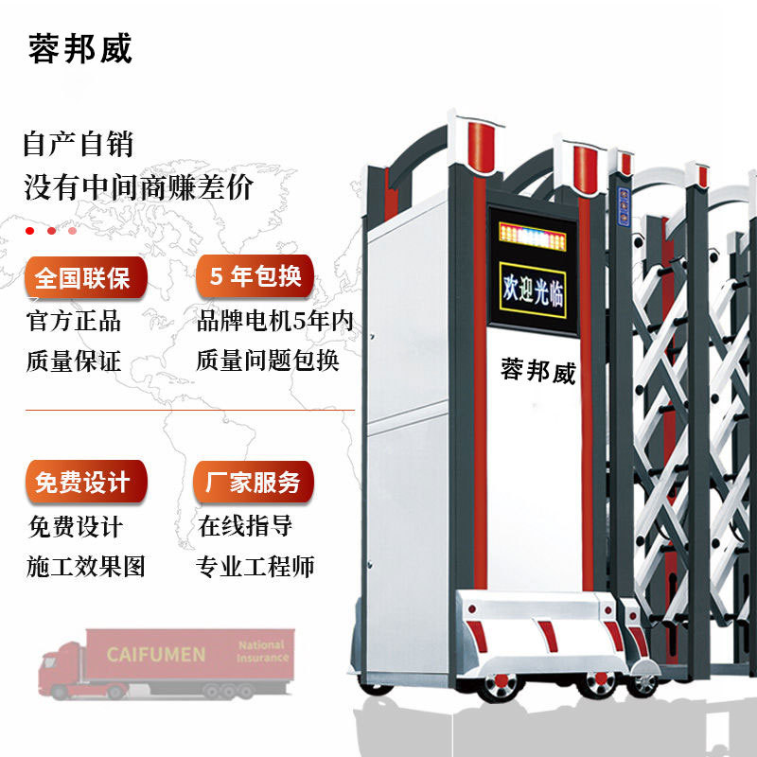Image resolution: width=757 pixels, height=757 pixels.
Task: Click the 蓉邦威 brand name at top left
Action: (x=80, y=48)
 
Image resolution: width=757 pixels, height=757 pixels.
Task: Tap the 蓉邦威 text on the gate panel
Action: (x=538, y=371)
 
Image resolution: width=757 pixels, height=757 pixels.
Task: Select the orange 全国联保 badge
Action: (x=85, y=277)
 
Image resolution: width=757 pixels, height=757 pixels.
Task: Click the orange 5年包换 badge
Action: (x=255, y=276)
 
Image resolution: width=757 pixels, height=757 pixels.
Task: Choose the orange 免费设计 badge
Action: (x=86, y=482)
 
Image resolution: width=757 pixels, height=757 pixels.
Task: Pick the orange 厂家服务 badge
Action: (x=254, y=482)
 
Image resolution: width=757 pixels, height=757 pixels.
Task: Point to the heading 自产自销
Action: (x=79, y=144)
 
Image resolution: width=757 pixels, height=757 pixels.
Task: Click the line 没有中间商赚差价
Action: (x=138, y=186)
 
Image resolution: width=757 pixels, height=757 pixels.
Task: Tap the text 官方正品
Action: (x=74, y=321)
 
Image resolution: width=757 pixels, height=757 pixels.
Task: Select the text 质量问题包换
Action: (x=268, y=361)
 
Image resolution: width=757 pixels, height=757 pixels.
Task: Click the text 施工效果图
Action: (x=86, y=566)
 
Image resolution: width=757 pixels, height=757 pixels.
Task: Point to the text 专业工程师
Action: (x=255, y=566)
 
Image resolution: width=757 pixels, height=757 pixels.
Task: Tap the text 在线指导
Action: (x=245, y=526)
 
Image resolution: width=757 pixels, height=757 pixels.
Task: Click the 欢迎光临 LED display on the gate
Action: (x=533, y=290)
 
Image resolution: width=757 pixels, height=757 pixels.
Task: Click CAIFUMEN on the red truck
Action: (x=156, y=655)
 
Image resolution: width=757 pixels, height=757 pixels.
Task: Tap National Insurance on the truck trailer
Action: (x=262, y=651)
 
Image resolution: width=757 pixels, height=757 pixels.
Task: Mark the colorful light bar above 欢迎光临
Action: (x=532, y=237)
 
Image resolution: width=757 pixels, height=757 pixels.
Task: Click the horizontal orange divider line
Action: (x=190, y=411)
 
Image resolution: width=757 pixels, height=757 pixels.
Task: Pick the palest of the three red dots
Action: (x=73, y=231)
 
